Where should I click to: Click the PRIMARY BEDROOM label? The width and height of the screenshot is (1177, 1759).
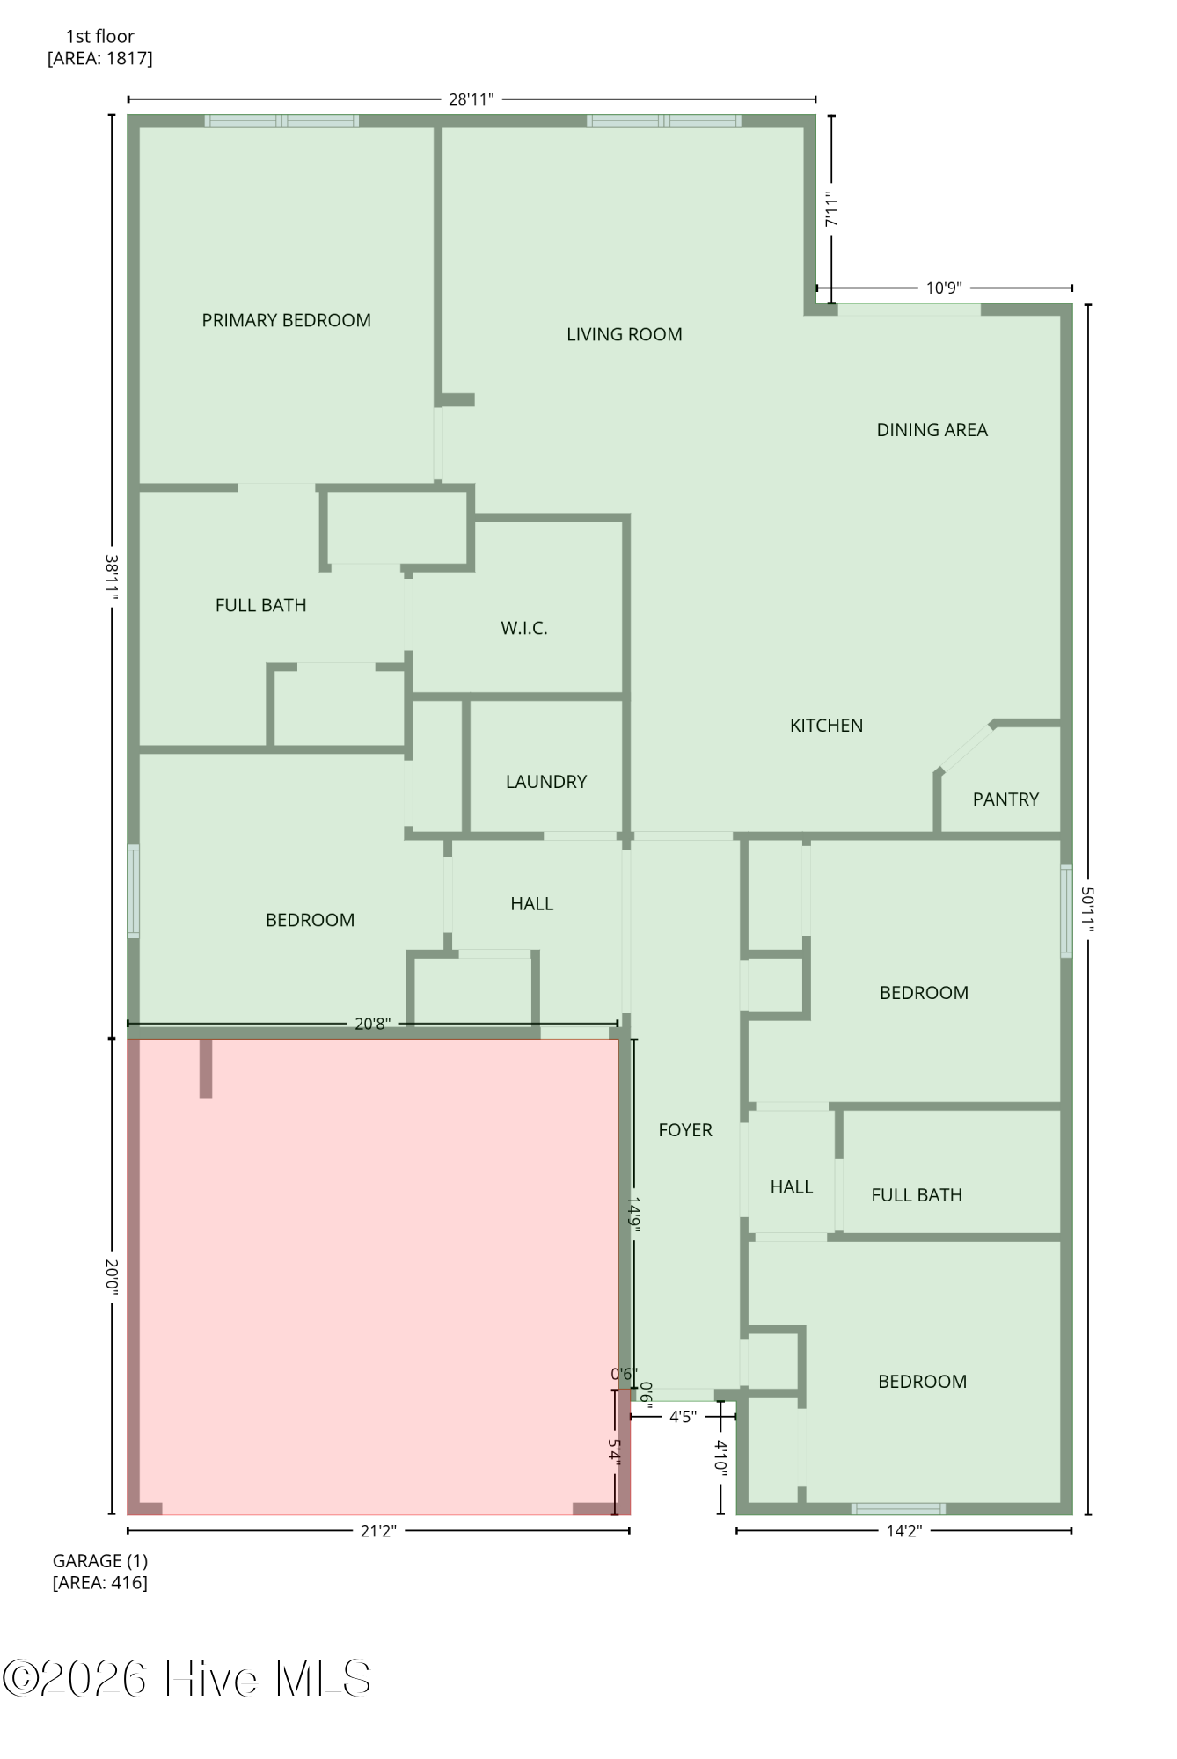[286, 320]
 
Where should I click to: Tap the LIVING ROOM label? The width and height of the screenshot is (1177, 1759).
[624, 334]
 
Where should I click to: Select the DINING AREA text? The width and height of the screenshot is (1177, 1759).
[932, 430]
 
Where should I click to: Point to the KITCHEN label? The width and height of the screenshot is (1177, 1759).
[826, 726]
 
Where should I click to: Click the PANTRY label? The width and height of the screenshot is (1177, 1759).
[1005, 799]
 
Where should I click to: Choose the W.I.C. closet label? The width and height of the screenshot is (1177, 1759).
[524, 628]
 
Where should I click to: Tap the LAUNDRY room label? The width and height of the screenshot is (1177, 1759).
[545, 782]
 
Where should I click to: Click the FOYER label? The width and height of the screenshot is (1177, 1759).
[685, 1130]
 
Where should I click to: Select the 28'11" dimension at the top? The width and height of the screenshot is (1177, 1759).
[472, 99]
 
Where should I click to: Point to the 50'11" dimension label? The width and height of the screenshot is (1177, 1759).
[1088, 909]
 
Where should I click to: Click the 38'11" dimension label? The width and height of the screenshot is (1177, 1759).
[112, 576]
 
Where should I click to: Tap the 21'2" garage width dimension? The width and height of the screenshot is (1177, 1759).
[378, 1531]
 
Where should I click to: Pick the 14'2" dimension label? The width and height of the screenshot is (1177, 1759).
[903, 1531]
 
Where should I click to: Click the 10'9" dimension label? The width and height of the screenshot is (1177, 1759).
[944, 288]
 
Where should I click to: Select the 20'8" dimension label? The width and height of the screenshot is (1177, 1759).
[372, 1024]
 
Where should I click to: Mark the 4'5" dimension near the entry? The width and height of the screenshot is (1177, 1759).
[683, 1417]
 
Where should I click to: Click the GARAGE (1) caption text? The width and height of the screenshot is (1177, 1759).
[100, 1561]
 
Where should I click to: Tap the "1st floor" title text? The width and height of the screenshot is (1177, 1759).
[100, 37]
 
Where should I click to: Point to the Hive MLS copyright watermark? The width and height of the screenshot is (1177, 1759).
[186, 1678]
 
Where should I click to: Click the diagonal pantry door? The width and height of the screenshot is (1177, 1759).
[966, 748]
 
